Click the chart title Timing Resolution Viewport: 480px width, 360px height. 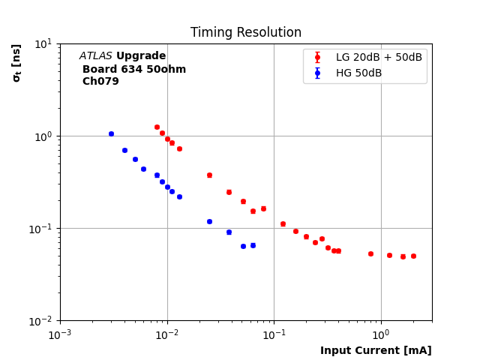coord(245,33)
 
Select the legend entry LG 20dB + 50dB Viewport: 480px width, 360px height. coord(379,58)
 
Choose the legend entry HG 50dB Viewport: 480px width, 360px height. coord(358,73)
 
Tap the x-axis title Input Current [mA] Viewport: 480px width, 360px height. coord(376,350)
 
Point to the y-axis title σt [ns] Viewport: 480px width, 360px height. coord(16,62)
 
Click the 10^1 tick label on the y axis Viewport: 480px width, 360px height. coord(42,43)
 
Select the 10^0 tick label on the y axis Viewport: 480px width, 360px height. coord(42,136)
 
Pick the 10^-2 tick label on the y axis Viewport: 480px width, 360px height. coord(40,321)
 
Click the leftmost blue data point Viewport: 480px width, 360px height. coord(111,133)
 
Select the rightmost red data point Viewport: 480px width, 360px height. coord(413,256)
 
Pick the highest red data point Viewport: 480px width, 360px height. coord(157,127)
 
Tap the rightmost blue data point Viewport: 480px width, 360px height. coord(253,245)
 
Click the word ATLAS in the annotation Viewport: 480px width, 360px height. coord(96,56)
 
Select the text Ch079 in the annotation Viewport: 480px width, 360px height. coord(100,82)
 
